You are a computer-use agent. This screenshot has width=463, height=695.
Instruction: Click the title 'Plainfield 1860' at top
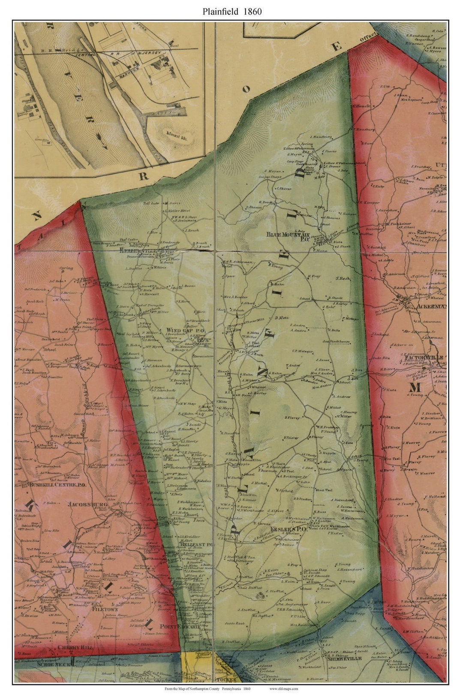point(232,12)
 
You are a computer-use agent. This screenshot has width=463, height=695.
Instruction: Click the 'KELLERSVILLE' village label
point(137,250)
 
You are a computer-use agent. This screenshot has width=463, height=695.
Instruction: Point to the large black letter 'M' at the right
point(415,387)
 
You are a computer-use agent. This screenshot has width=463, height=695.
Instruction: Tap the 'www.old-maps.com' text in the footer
point(283,689)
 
